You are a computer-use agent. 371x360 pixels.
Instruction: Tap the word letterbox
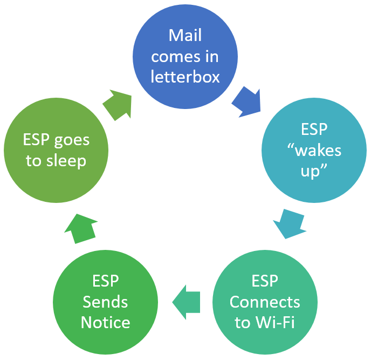tap(185, 77)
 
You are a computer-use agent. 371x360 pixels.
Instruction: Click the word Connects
tap(265, 302)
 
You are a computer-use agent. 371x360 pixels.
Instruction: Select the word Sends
tap(105, 302)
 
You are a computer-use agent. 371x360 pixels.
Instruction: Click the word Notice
tap(105, 322)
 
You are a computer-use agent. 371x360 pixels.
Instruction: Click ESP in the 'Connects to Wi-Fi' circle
tap(265, 281)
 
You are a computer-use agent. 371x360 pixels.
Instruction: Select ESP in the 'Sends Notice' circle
tap(105, 281)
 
